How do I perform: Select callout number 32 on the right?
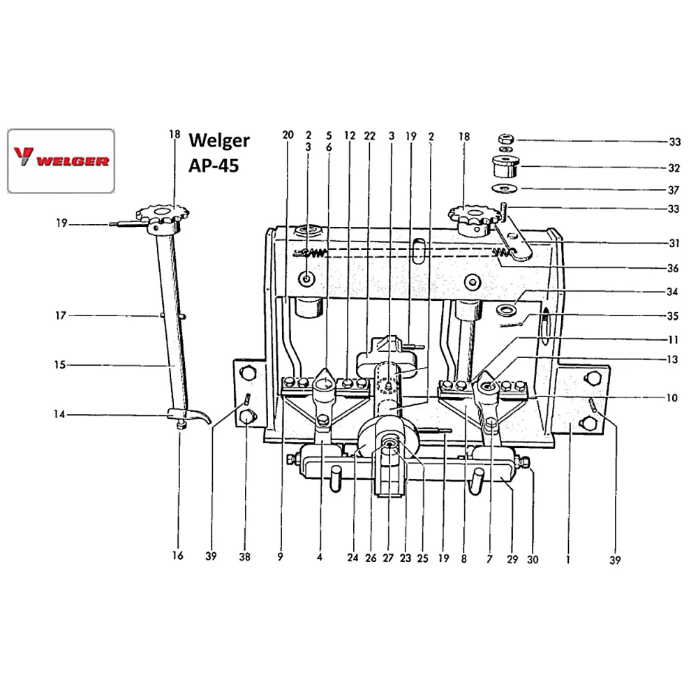(x=674, y=168)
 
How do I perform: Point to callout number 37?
(x=674, y=188)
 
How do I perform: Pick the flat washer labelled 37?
(x=505, y=188)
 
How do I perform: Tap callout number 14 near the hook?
(x=60, y=415)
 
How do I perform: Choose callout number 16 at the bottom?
(x=177, y=556)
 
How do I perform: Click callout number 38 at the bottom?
(x=244, y=558)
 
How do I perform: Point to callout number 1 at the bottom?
(x=569, y=558)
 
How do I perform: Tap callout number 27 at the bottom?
(x=388, y=558)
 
